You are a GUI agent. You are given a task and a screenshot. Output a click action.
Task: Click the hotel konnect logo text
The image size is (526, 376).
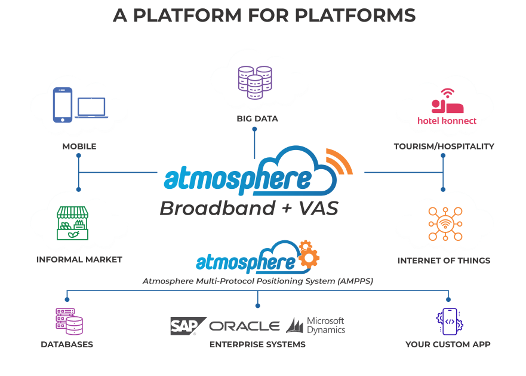[x=447, y=121]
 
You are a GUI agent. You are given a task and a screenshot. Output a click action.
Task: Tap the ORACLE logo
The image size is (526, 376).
[x=245, y=326]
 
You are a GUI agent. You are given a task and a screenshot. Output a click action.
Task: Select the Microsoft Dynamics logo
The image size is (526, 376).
[x=316, y=325]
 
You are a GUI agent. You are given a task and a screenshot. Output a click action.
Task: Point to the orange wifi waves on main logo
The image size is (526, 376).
[x=339, y=162]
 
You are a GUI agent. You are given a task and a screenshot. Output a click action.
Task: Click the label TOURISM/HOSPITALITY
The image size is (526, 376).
[x=444, y=146]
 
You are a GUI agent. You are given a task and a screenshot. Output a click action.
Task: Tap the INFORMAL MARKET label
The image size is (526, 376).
[x=79, y=259]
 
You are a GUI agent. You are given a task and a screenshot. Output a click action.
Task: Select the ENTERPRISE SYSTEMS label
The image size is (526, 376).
[x=257, y=344]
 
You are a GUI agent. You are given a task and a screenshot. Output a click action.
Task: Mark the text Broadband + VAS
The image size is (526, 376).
[x=249, y=208]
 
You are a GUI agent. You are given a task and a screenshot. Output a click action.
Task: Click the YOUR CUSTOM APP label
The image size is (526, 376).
[x=448, y=344]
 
